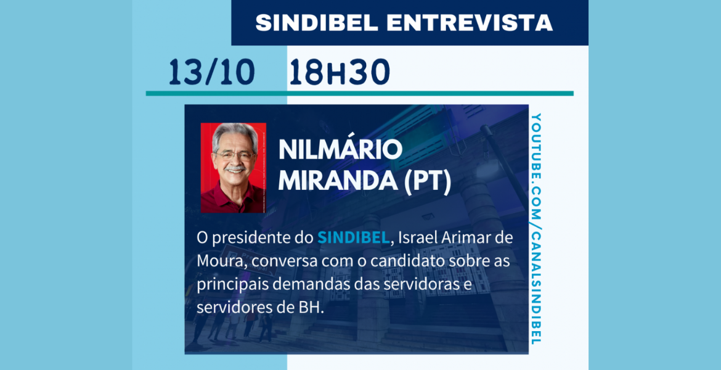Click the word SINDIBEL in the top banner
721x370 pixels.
point(316,23)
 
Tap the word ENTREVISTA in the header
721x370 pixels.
point(470,23)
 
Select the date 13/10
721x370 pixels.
point(212,73)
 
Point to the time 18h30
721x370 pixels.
point(340,73)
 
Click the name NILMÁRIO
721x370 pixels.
point(340,150)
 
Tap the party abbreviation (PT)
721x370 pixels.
point(427,181)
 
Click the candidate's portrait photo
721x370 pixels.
point(234,168)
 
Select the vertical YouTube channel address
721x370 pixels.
point(536,229)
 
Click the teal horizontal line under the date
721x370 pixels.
point(360,93)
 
